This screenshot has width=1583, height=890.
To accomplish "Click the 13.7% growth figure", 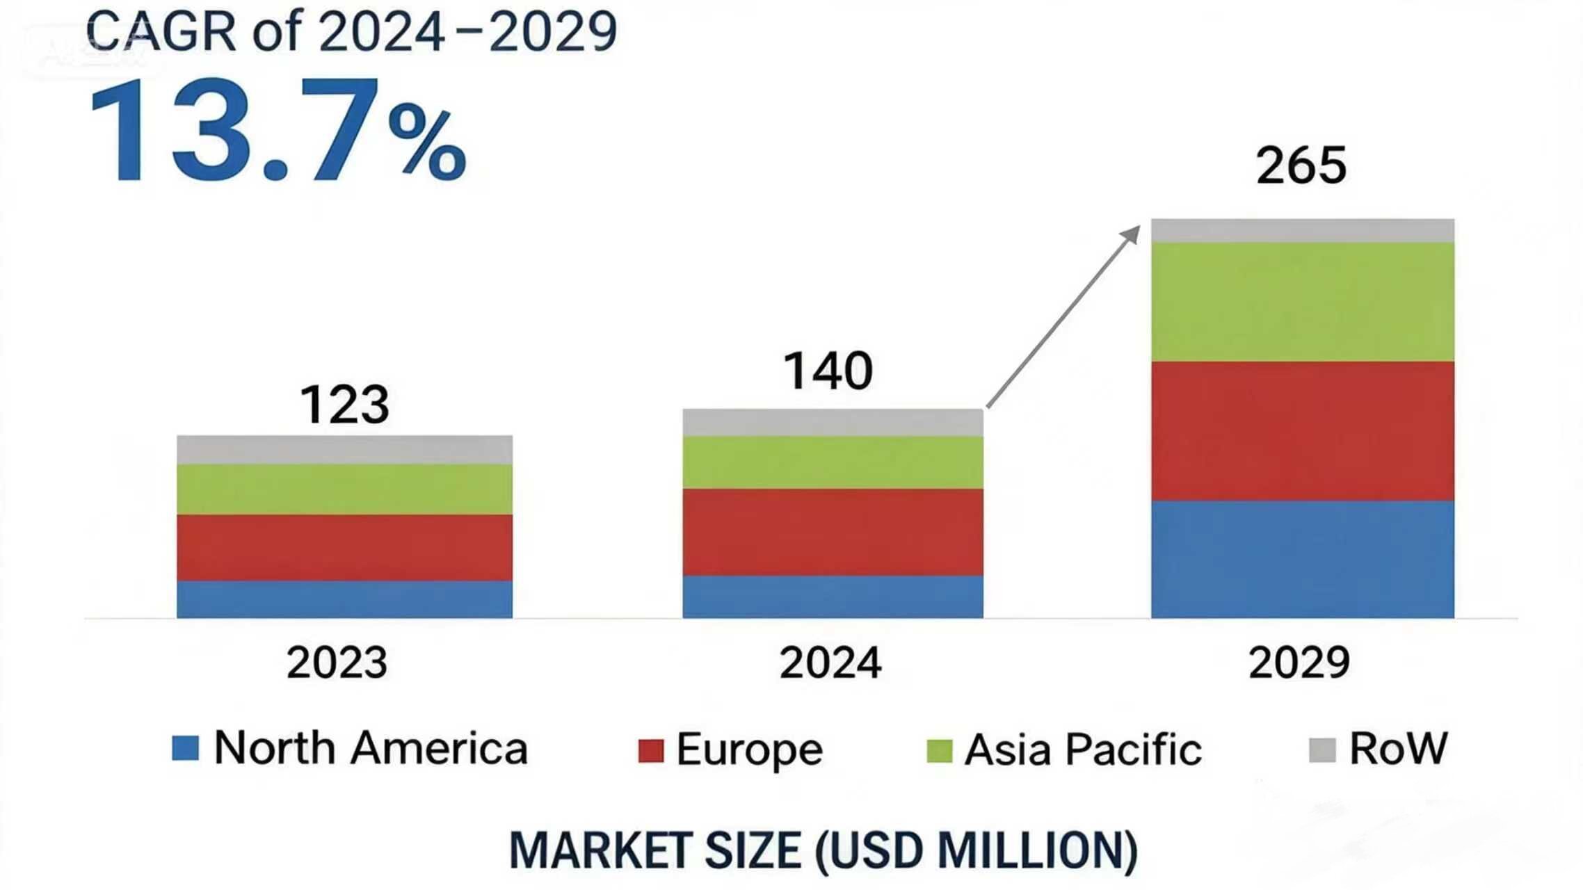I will (278, 132).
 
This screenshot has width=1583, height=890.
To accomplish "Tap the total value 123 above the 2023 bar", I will (344, 404).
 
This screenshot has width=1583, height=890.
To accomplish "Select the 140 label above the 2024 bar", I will (828, 371).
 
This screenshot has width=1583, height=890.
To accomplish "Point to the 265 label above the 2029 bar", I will (1301, 165).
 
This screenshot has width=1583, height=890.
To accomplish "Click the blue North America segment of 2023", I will (344, 599).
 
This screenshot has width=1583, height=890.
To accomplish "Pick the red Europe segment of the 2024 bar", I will (833, 532).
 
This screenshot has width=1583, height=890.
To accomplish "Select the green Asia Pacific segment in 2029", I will (1302, 302).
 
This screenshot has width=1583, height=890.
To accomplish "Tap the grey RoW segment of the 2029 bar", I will (1302, 231).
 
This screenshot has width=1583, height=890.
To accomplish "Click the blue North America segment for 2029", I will (1302, 559).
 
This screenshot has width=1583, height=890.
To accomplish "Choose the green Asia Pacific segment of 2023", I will (344, 489).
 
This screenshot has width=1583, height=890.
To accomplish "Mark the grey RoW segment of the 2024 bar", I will (833, 423).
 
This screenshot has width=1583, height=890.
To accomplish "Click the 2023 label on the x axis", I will (337, 662).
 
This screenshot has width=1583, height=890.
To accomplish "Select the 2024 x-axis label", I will (830, 662).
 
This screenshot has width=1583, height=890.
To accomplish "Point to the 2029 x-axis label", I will (1299, 662).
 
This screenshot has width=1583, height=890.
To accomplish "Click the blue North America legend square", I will (186, 749).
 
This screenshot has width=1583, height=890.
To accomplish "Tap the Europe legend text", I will (749, 750).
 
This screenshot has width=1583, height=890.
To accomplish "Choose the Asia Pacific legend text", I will (1083, 750).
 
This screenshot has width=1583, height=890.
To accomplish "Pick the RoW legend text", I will (1398, 748).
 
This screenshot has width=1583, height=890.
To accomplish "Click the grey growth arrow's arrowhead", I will (1132, 234).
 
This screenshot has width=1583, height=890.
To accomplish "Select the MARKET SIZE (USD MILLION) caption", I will (823, 850).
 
